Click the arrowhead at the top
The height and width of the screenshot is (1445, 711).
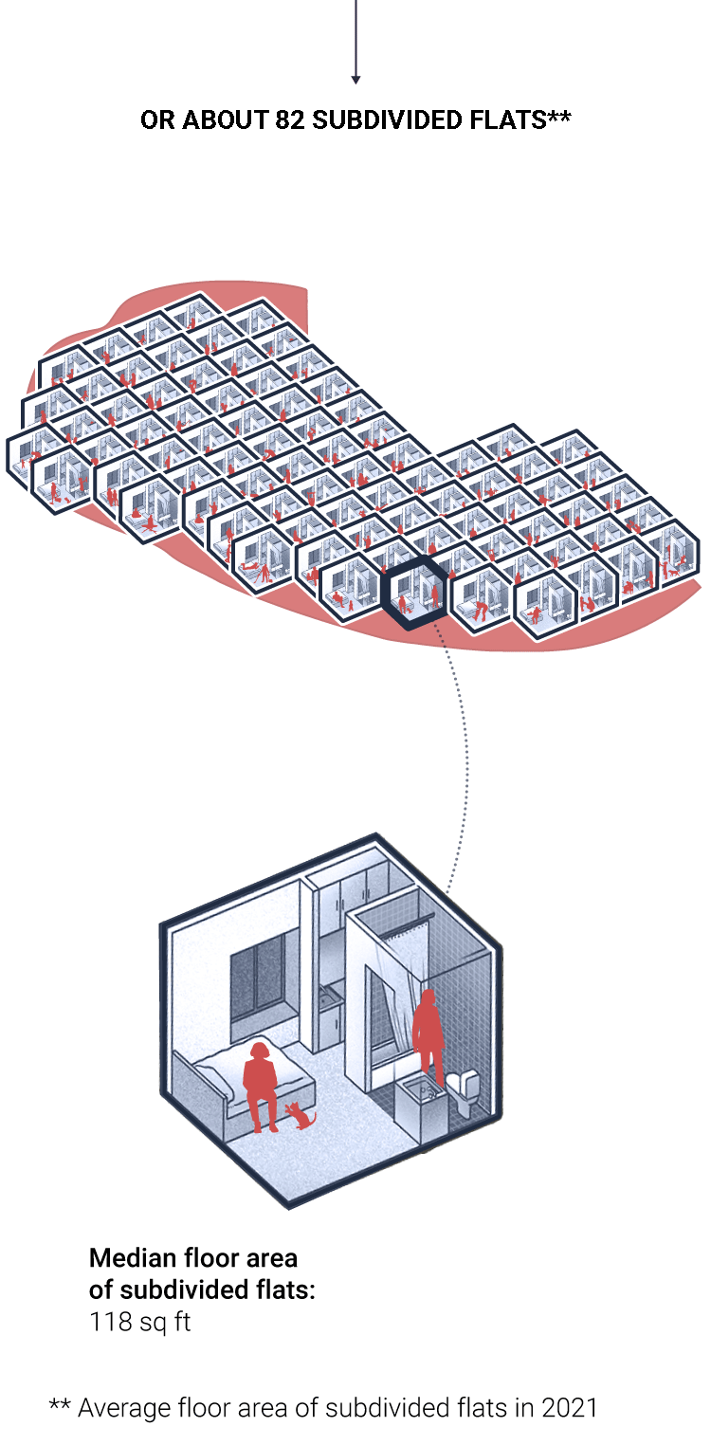pyautogui.click(x=355, y=80)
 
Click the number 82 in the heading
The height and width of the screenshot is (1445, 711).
pyautogui.click(x=290, y=120)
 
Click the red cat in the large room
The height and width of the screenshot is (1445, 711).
pyautogui.click(x=302, y=1115)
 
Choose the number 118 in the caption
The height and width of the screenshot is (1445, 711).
pyautogui.click(x=111, y=1321)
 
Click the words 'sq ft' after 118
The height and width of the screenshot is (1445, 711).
pyautogui.click(x=165, y=1323)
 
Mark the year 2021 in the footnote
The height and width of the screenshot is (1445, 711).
pyautogui.click(x=570, y=1408)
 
